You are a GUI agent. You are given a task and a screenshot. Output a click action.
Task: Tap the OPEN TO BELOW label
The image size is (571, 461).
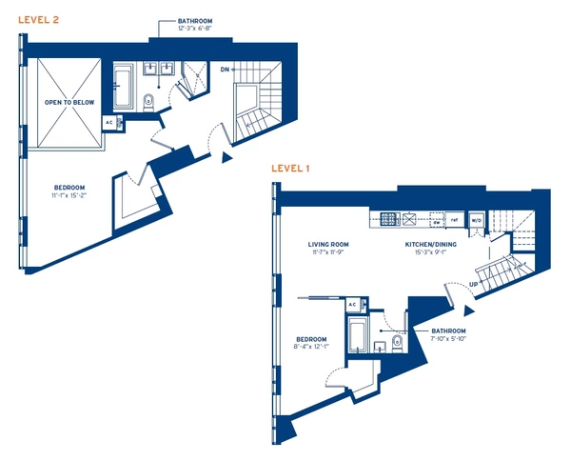point(66,101)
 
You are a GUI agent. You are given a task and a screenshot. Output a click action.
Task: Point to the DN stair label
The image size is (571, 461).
point(225,70)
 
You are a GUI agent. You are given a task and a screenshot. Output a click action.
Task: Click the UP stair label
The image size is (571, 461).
point(473,285)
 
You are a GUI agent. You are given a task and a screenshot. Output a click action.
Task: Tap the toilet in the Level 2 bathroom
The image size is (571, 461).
point(148,102)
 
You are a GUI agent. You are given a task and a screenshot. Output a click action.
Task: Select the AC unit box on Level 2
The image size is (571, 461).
point(109,123)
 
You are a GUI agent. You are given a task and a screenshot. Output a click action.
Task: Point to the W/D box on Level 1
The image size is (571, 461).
point(477,221)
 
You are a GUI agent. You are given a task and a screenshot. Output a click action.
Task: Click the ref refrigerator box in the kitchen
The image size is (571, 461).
point(455,221)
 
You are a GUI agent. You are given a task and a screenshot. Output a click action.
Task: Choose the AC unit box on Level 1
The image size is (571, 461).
point(352,304)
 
